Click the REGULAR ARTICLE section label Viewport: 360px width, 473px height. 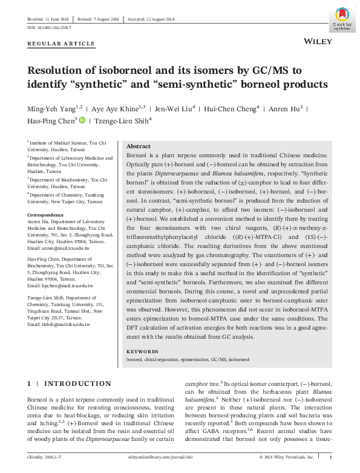pos(61,44)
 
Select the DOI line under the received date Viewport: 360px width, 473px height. pos(49,28)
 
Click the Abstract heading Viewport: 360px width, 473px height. pos(138,147)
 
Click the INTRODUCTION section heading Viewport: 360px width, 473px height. pos(77,383)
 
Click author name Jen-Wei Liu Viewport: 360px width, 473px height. pos(175,109)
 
